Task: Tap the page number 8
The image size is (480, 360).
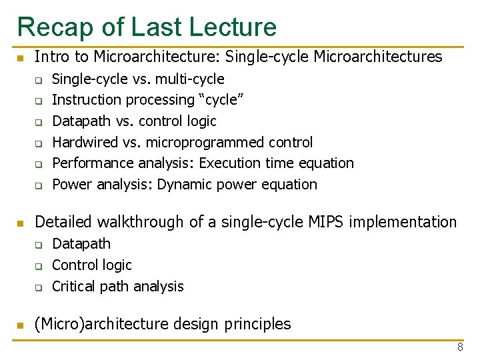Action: coord(459,347)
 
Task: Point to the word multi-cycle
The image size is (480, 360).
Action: coord(190,79)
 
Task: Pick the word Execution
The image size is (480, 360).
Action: coord(228,163)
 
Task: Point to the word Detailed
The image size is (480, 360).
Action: coord(62,222)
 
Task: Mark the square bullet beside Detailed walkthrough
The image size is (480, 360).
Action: coord(21,223)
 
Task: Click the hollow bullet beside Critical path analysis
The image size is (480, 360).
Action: coord(39,287)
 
